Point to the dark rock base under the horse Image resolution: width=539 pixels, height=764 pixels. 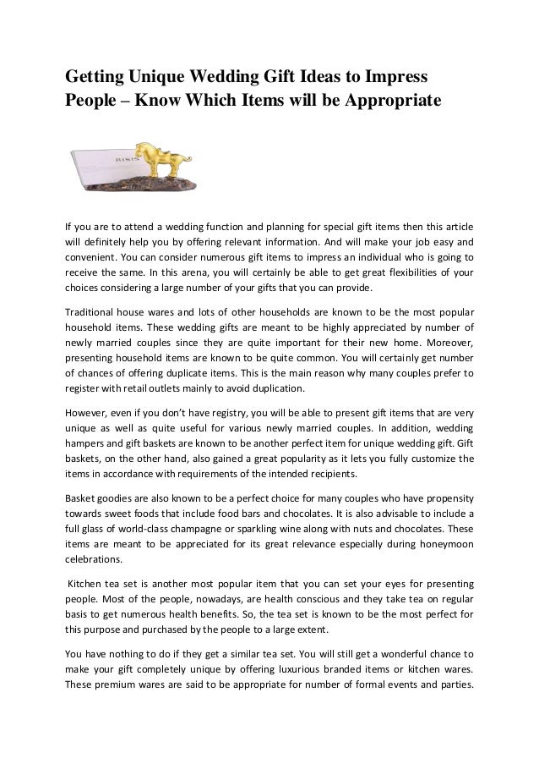tap(152, 180)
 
